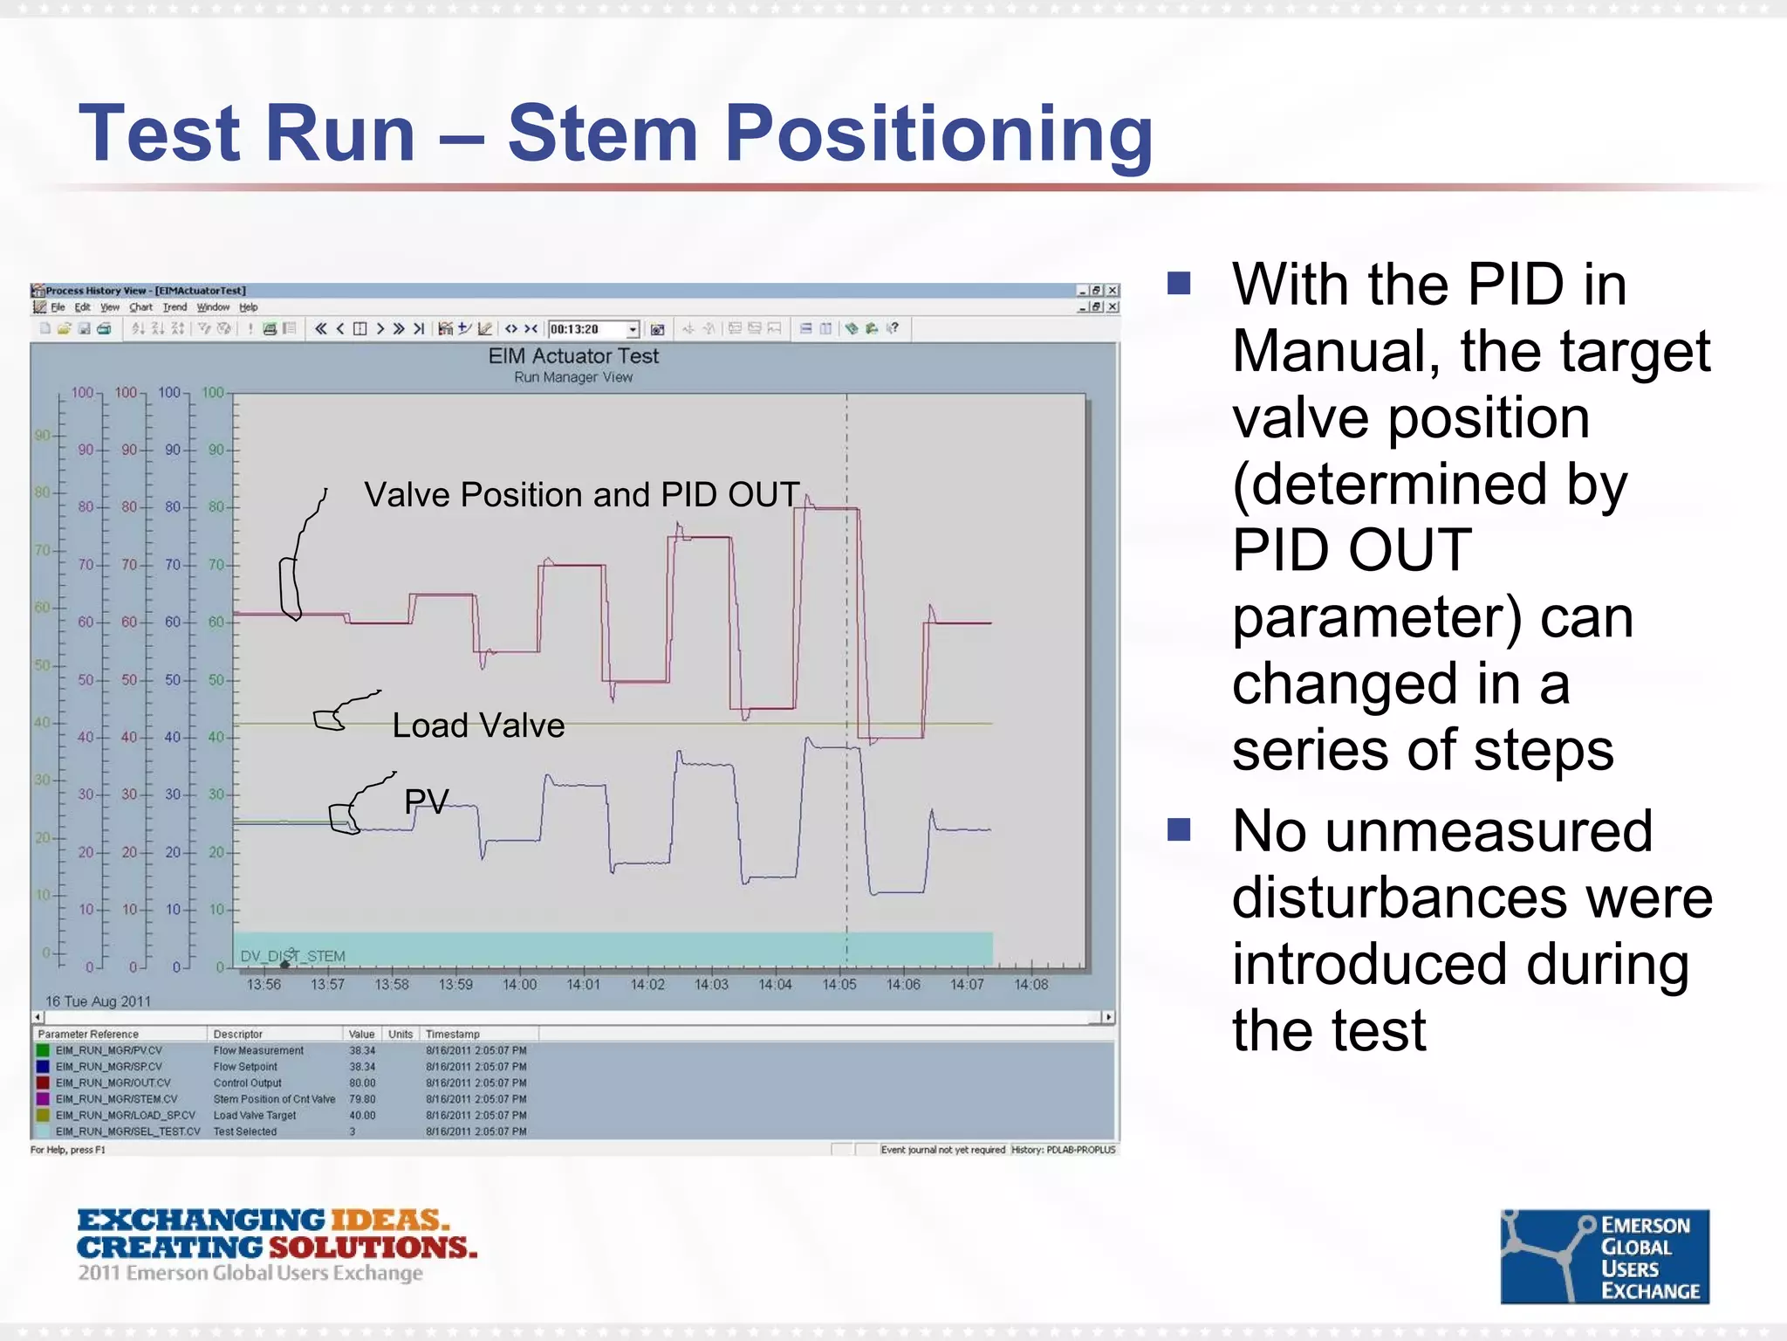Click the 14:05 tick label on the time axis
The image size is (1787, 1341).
coord(839,985)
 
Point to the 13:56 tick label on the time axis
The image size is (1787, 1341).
coord(264,985)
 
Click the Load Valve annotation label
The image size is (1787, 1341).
coord(478,726)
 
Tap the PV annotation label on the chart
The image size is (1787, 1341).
coord(426,801)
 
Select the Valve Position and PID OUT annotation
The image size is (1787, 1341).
coord(581,495)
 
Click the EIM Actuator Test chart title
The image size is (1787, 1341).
coord(573,356)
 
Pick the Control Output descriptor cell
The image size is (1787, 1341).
coord(248,1083)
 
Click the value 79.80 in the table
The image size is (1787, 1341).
coord(362,1099)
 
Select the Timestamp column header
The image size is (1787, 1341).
coord(452,1034)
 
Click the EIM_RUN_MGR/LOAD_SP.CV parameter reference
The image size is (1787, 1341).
coord(125,1115)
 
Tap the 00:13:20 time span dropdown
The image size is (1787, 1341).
coord(593,329)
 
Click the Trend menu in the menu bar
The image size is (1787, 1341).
coord(175,307)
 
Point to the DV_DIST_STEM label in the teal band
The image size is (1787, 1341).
coord(293,956)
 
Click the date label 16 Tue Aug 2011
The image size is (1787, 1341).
coord(98,1001)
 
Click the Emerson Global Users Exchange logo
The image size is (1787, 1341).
coord(1604,1256)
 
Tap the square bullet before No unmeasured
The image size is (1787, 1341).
coord(1179,829)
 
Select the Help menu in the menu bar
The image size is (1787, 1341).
coord(249,307)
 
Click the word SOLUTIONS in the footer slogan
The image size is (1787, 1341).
coord(373,1247)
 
